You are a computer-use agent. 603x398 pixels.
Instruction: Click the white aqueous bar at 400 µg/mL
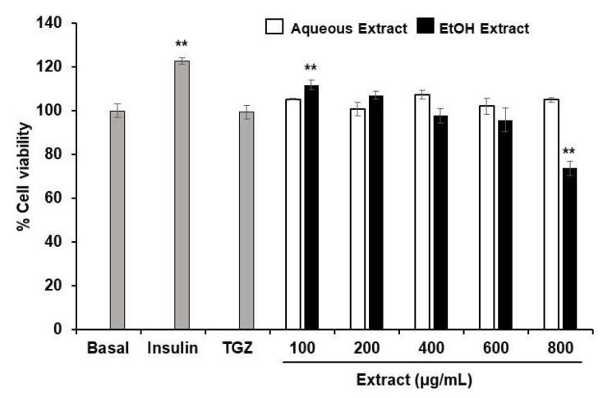(422, 212)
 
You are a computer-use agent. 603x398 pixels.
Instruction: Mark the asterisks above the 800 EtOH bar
(570, 151)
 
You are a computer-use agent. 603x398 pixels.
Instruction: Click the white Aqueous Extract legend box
(274, 28)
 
